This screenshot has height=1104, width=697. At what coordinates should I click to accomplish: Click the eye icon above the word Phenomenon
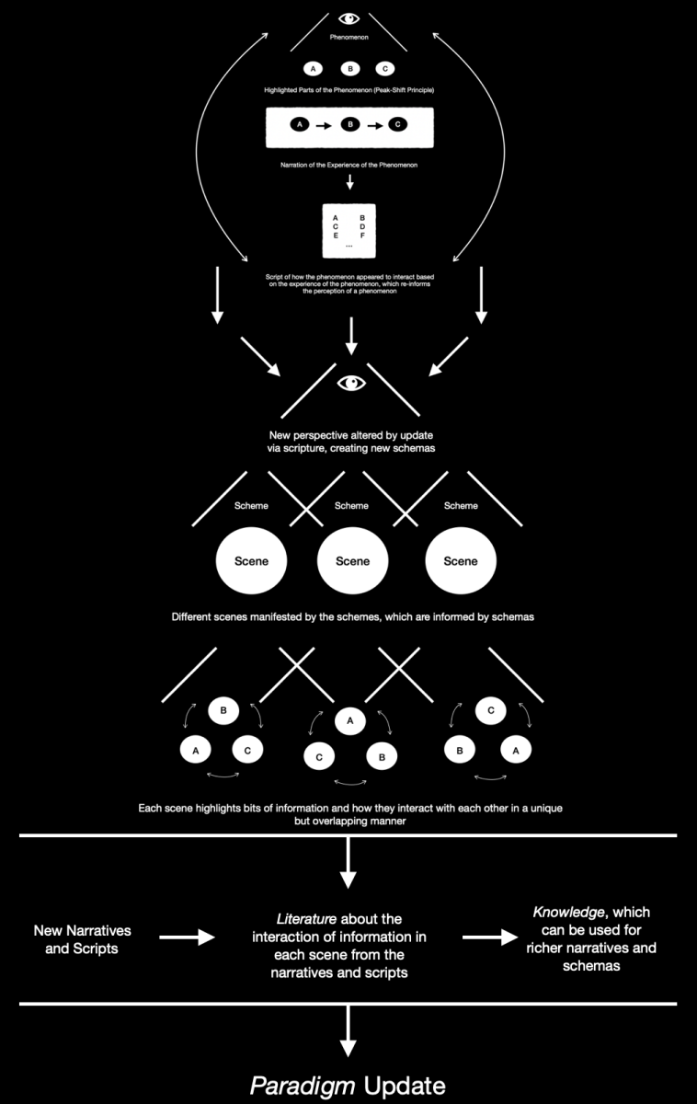click(348, 17)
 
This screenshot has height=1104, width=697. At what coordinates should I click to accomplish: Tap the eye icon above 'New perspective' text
click(350, 382)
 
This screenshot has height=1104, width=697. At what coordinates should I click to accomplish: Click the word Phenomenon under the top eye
click(348, 38)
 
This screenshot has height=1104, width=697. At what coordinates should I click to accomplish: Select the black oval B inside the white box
click(348, 124)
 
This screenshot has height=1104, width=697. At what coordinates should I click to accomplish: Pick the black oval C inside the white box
click(397, 124)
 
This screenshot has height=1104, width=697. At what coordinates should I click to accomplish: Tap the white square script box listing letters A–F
click(348, 230)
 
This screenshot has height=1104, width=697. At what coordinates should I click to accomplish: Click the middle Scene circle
click(352, 561)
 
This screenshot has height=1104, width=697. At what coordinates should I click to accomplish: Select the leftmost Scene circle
click(250, 561)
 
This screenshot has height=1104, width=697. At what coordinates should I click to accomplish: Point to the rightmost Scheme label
click(461, 505)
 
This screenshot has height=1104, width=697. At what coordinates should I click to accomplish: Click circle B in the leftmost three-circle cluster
click(223, 710)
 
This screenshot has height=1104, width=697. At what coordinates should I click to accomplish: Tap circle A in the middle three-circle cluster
click(349, 722)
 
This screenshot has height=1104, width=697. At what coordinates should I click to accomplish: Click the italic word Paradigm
click(303, 1086)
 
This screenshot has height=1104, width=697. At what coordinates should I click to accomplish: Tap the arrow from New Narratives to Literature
click(188, 937)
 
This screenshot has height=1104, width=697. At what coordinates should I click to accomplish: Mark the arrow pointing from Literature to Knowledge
click(489, 937)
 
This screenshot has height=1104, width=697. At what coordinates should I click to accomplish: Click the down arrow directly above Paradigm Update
click(348, 1029)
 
